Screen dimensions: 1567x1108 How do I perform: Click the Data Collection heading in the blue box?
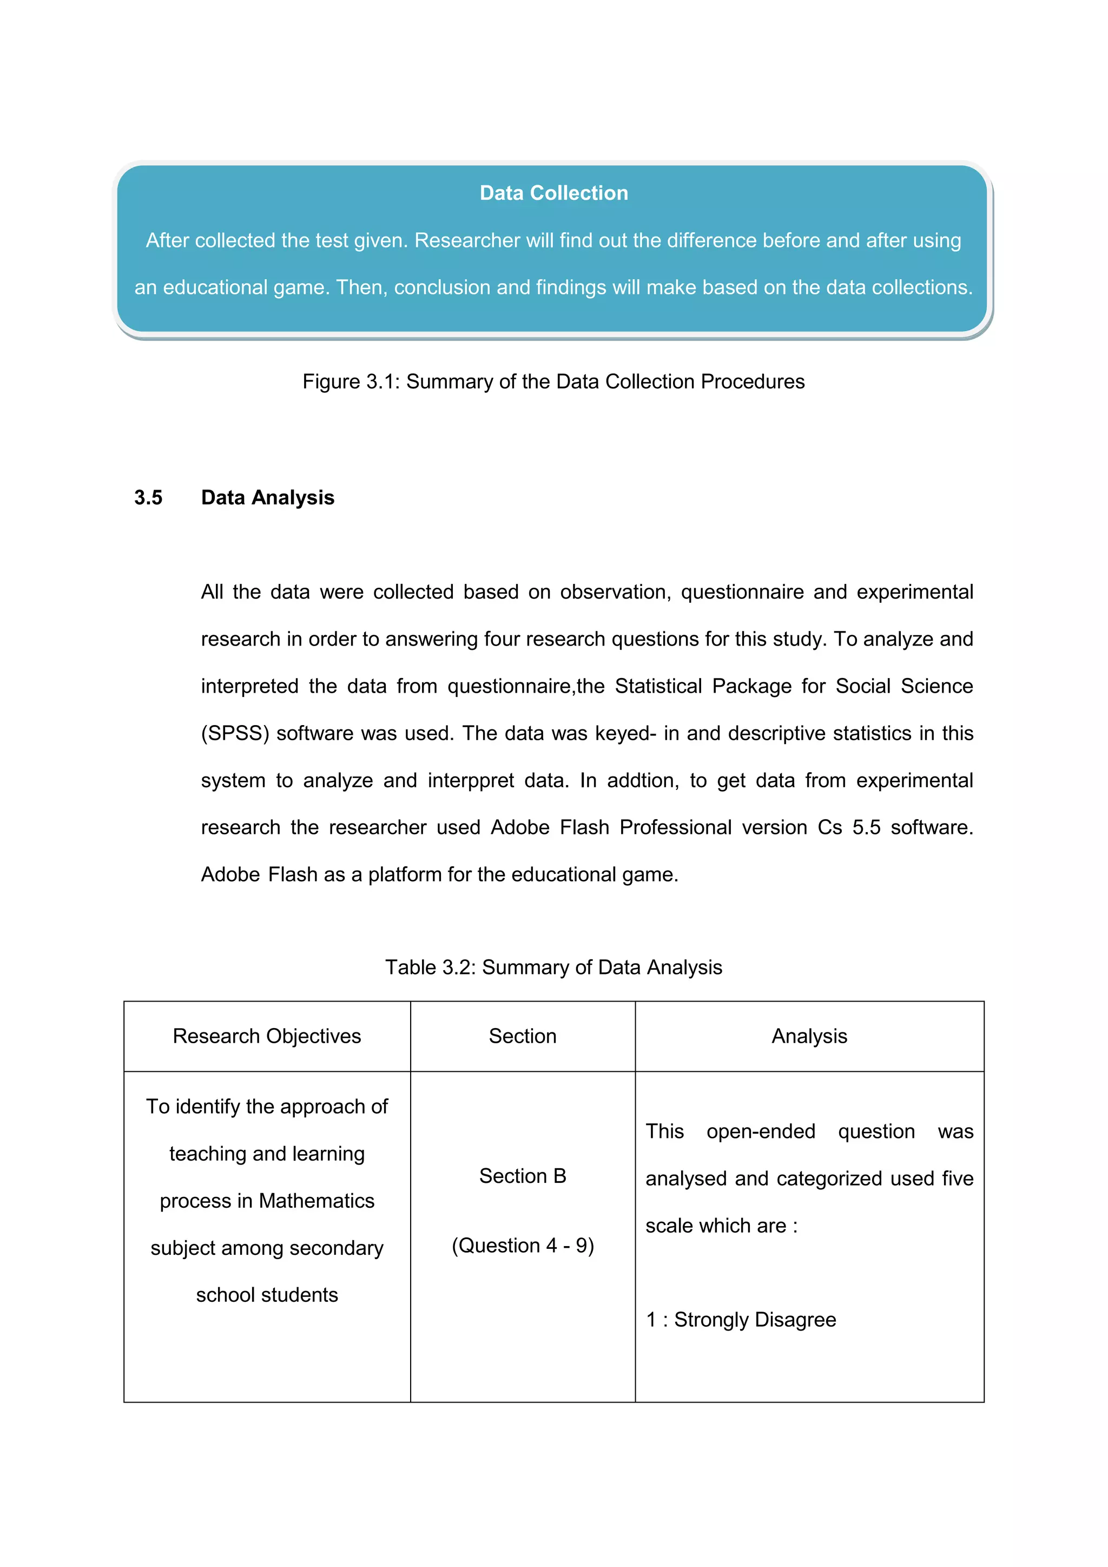click(x=553, y=193)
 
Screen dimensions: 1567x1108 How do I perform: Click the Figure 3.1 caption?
click(x=553, y=381)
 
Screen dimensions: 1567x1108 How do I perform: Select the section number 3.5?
click(x=148, y=498)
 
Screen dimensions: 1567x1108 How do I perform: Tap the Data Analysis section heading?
click(x=267, y=498)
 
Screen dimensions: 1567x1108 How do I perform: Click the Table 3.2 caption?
click(x=553, y=967)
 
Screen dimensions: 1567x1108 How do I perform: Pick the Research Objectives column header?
click(x=267, y=1036)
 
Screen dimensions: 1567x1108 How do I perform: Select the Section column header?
click(x=523, y=1036)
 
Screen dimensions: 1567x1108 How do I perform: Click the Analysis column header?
click(x=809, y=1036)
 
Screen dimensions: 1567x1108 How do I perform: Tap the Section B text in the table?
click(x=523, y=1176)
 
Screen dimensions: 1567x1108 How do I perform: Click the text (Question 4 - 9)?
click(x=523, y=1246)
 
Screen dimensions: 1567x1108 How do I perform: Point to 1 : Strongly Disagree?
click(x=741, y=1320)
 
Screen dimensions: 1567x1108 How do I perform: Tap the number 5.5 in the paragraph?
click(x=867, y=828)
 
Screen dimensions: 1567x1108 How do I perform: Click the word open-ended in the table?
click(x=761, y=1131)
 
